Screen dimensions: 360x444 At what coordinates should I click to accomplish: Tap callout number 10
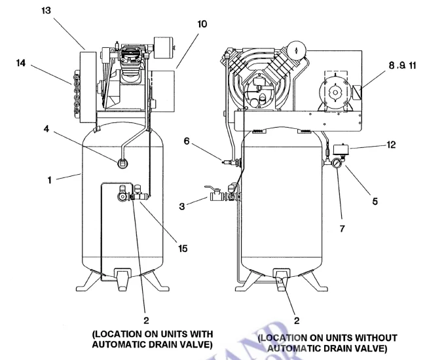pyautogui.click(x=201, y=24)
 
